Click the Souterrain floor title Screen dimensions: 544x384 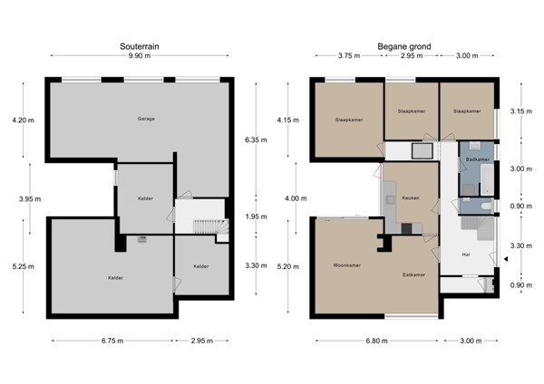(x=140, y=46)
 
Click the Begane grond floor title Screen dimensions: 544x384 (x=404, y=46)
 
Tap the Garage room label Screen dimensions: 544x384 (x=146, y=119)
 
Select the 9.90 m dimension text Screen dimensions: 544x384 (x=140, y=56)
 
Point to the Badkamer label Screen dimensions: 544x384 (x=478, y=159)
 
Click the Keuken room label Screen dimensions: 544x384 (x=411, y=198)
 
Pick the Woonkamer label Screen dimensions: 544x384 (x=347, y=265)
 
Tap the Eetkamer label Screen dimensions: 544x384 (x=414, y=274)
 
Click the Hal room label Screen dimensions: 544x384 (x=466, y=254)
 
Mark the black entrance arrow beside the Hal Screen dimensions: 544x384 (x=506, y=259)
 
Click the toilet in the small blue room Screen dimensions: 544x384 (x=486, y=206)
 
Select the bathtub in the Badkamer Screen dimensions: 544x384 (x=487, y=179)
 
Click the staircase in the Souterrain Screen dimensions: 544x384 (x=211, y=226)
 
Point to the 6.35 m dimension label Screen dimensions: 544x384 (x=256, y=140)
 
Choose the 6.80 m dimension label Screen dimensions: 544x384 (x=377, y=341)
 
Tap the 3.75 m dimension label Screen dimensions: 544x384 (x=349, y=56)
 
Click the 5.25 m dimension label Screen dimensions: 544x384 (x=24, y=266)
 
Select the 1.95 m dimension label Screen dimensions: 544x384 (x=256, y=216)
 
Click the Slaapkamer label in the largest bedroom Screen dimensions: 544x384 (x=349, y=120)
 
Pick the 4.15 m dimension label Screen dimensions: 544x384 (x=288, y=120)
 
